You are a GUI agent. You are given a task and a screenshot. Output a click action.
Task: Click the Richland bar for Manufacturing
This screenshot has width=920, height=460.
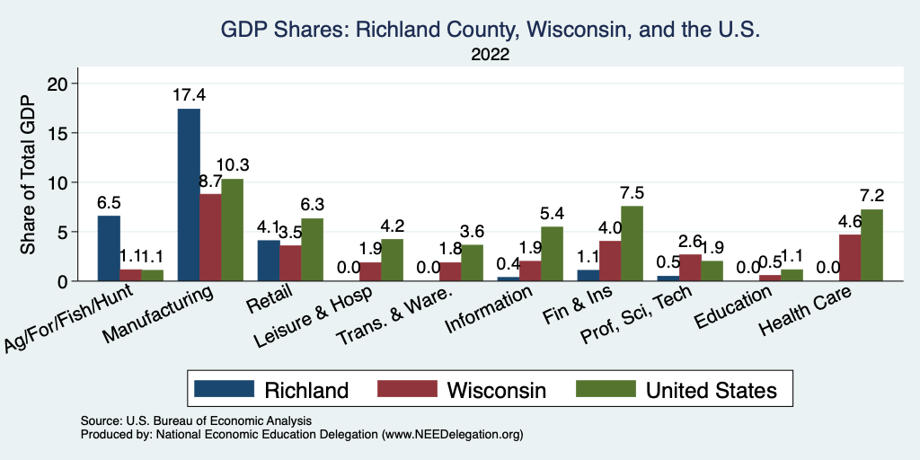[189, 195]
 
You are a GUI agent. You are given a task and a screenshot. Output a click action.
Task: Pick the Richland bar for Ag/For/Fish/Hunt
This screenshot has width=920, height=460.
[108, 249]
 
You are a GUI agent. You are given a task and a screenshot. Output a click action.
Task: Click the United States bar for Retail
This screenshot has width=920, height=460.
[312, 250]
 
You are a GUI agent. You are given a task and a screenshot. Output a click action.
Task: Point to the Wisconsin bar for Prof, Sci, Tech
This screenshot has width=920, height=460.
[690, 268]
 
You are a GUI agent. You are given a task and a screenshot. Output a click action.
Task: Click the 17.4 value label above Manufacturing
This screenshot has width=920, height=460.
[189, 94]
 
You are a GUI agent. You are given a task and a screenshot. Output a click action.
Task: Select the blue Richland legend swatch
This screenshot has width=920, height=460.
[226, 389]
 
